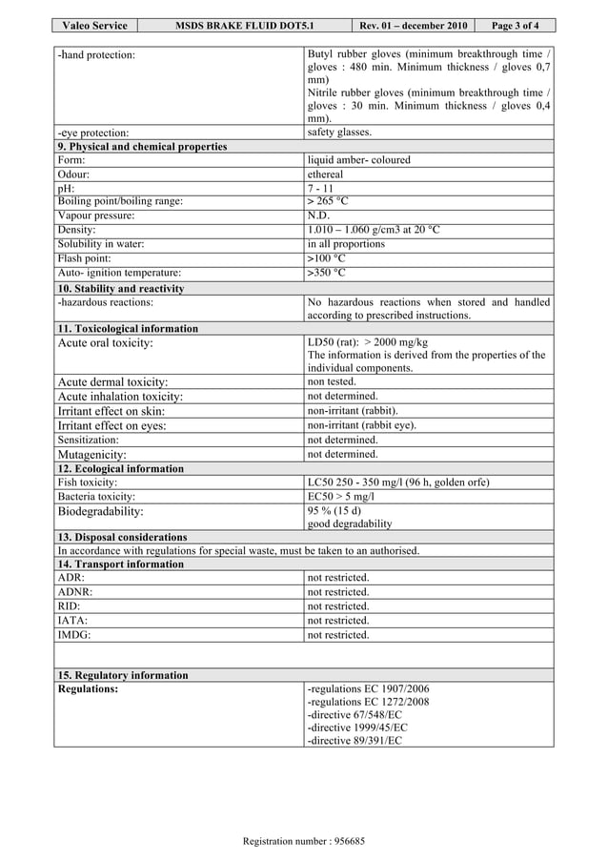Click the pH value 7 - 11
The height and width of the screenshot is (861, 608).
tap(320, 189)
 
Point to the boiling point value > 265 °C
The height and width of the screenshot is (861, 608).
tap(328, 201)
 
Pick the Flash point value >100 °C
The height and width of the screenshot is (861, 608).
tap(327, 258)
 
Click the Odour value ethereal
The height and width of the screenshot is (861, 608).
tap(325, 174)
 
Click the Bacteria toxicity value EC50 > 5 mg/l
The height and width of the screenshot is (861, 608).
tap(341, 497)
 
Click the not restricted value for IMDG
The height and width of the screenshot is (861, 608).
tap(338, 635)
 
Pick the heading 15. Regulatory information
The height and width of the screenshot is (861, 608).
tap(123, 675)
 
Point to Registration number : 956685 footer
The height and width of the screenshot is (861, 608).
tap(304, 841)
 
